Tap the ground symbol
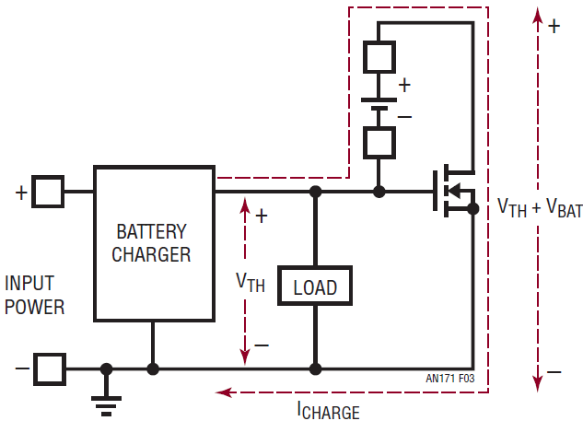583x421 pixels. point(106,406)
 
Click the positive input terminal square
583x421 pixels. point(48,192)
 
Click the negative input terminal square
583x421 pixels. point(50,369)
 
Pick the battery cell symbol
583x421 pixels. point(379,104)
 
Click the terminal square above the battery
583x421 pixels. point(379,57)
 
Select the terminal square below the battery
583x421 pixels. point(379,143)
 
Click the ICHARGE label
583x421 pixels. point(329,411)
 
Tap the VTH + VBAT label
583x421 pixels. point(540,207)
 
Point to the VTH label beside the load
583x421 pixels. point(251,283)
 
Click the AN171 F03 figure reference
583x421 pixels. point(449,379)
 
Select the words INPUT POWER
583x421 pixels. point(34,295)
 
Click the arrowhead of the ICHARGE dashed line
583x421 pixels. point(224,392)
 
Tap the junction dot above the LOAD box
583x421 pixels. point(315,192)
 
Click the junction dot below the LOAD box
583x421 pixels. point(315,369)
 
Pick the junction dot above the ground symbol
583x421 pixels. point(106,369)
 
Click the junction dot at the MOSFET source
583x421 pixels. point(473,209)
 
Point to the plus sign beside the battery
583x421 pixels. point(404,85)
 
